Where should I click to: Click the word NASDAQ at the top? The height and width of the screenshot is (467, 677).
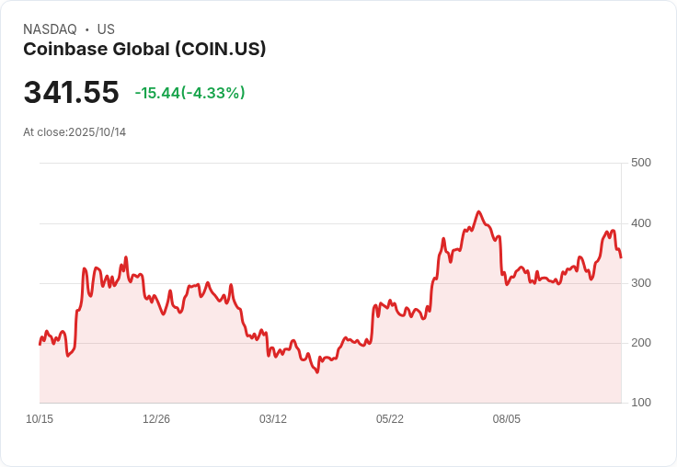coord(50,29)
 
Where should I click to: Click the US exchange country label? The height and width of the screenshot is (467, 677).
coord(106,29)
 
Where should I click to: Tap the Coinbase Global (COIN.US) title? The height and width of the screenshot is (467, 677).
coord(144,50)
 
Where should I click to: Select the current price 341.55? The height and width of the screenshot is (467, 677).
coord(71,93)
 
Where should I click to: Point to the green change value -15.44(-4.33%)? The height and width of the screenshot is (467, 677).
coord(189,93)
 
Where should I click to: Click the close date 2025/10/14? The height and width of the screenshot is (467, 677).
coord(97,132)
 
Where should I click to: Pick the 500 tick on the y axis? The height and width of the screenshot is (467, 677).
coord(640,163)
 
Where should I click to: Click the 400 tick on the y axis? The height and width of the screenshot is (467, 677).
coord(640,223)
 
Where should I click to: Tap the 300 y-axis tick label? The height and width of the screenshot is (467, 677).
coord(640,283)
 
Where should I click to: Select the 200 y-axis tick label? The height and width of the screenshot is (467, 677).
coord(640,343)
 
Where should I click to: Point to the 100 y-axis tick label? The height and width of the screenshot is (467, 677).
coord(640,403)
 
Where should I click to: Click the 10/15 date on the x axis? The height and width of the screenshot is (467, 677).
coord(40,419)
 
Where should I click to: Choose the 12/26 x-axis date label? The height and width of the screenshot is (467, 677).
coord(156,419)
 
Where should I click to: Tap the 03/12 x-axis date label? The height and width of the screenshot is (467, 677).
coord(273,419)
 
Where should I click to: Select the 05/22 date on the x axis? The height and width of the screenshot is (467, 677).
coord(390,419)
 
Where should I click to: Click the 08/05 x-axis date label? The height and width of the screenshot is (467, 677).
coord(507,419)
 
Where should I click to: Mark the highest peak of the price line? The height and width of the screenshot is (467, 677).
coord(478,211)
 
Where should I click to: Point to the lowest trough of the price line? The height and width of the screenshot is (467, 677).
coord(317,372)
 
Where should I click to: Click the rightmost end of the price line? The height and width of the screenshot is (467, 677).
coord(621,257)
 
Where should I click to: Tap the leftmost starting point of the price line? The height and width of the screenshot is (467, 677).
coord(40,344)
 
